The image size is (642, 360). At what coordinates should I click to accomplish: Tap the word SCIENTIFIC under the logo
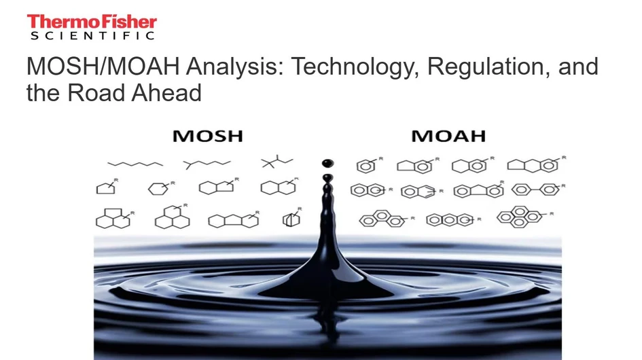(x=92, y=36)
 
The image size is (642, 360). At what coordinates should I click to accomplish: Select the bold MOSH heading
(x=207, y=136)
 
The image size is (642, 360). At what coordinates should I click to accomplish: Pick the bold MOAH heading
(x=448, y=136)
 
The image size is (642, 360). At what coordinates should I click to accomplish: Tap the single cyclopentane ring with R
(x=107, y=187)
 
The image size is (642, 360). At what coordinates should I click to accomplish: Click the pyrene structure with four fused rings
(x=522, y=217)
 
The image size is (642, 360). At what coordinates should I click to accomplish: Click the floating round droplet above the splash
(x=328, y=163)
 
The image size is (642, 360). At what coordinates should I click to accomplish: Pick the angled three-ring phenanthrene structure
(x=382, y=218)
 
